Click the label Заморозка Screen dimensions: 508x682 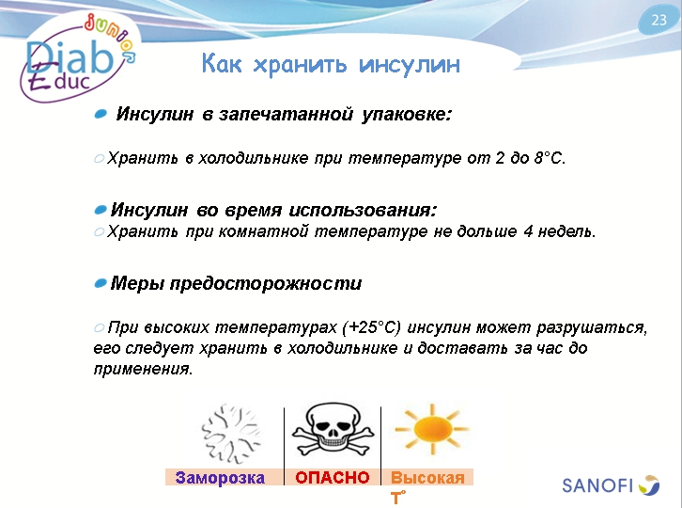[220, 478]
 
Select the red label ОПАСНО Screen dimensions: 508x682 [332, 478]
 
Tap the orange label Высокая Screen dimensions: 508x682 [427, 478]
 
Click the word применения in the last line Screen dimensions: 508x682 [143, 370]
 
